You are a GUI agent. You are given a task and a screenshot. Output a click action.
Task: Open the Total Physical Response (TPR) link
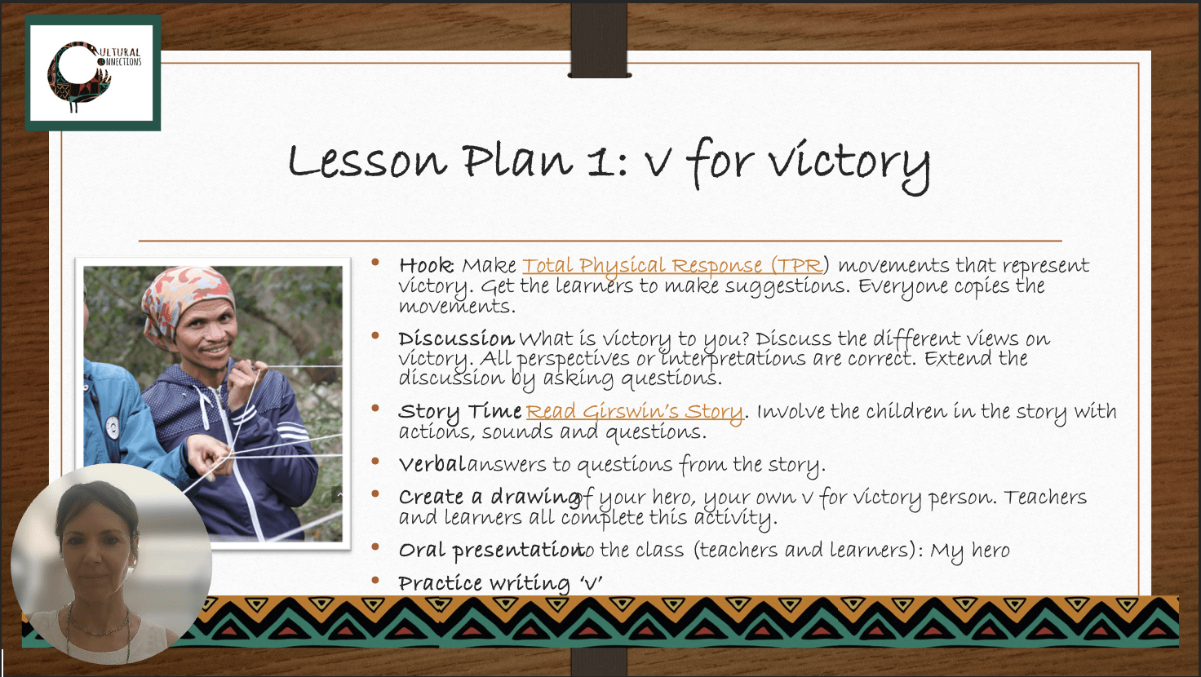click(x=672, y=265)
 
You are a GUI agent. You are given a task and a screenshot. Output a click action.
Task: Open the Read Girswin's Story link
click(x=634, y=412)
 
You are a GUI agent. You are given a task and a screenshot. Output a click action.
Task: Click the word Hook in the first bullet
click(x=426, y=265)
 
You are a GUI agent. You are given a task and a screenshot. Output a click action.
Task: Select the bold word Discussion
click(x=456, y=338)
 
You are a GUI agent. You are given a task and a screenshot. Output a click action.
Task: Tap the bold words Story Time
click(x=460, y=412)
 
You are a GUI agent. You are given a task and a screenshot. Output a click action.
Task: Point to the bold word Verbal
click(x=432, y=463)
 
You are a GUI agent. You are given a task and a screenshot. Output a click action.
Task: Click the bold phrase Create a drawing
click(x=489, y=497)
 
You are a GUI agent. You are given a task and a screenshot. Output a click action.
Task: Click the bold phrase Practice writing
click(x=484, y=583)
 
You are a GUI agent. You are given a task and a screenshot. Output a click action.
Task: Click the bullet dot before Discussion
click(x=375, y=336)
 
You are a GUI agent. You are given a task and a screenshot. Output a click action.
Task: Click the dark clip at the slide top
click(x=600, y=40)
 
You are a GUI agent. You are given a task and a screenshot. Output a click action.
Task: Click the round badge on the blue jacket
click(x=113, y=427)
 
